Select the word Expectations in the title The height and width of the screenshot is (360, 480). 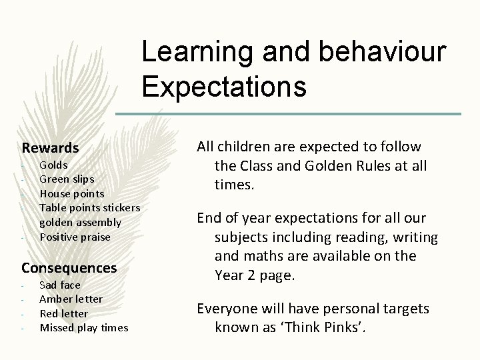[224, 86]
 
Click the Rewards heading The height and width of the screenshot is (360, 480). [50, 147]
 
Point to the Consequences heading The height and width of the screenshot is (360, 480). [69, 267]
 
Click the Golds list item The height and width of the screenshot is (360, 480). [54, 164]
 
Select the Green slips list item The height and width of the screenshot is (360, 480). [67, 179]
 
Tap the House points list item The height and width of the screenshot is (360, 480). [72, 193]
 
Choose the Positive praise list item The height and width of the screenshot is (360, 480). [75, 237]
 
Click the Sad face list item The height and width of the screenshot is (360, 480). [60, 285]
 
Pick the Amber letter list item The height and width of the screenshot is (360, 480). [71, 299]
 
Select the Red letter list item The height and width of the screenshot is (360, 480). [64, 313]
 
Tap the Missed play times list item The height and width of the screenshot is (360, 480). [84, 327]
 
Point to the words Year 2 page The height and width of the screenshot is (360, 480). [254, 275]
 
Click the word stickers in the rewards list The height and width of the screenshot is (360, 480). [121, 208]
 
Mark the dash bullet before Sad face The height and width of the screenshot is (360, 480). [23, 285]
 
